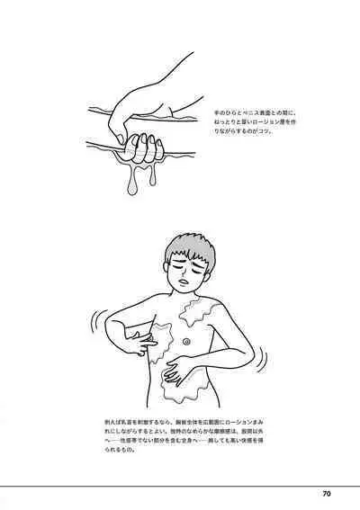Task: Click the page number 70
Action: point(327,493)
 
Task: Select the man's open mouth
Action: point(184,283)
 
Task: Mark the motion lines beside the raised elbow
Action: point(94,324)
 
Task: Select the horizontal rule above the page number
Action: point(180,485)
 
